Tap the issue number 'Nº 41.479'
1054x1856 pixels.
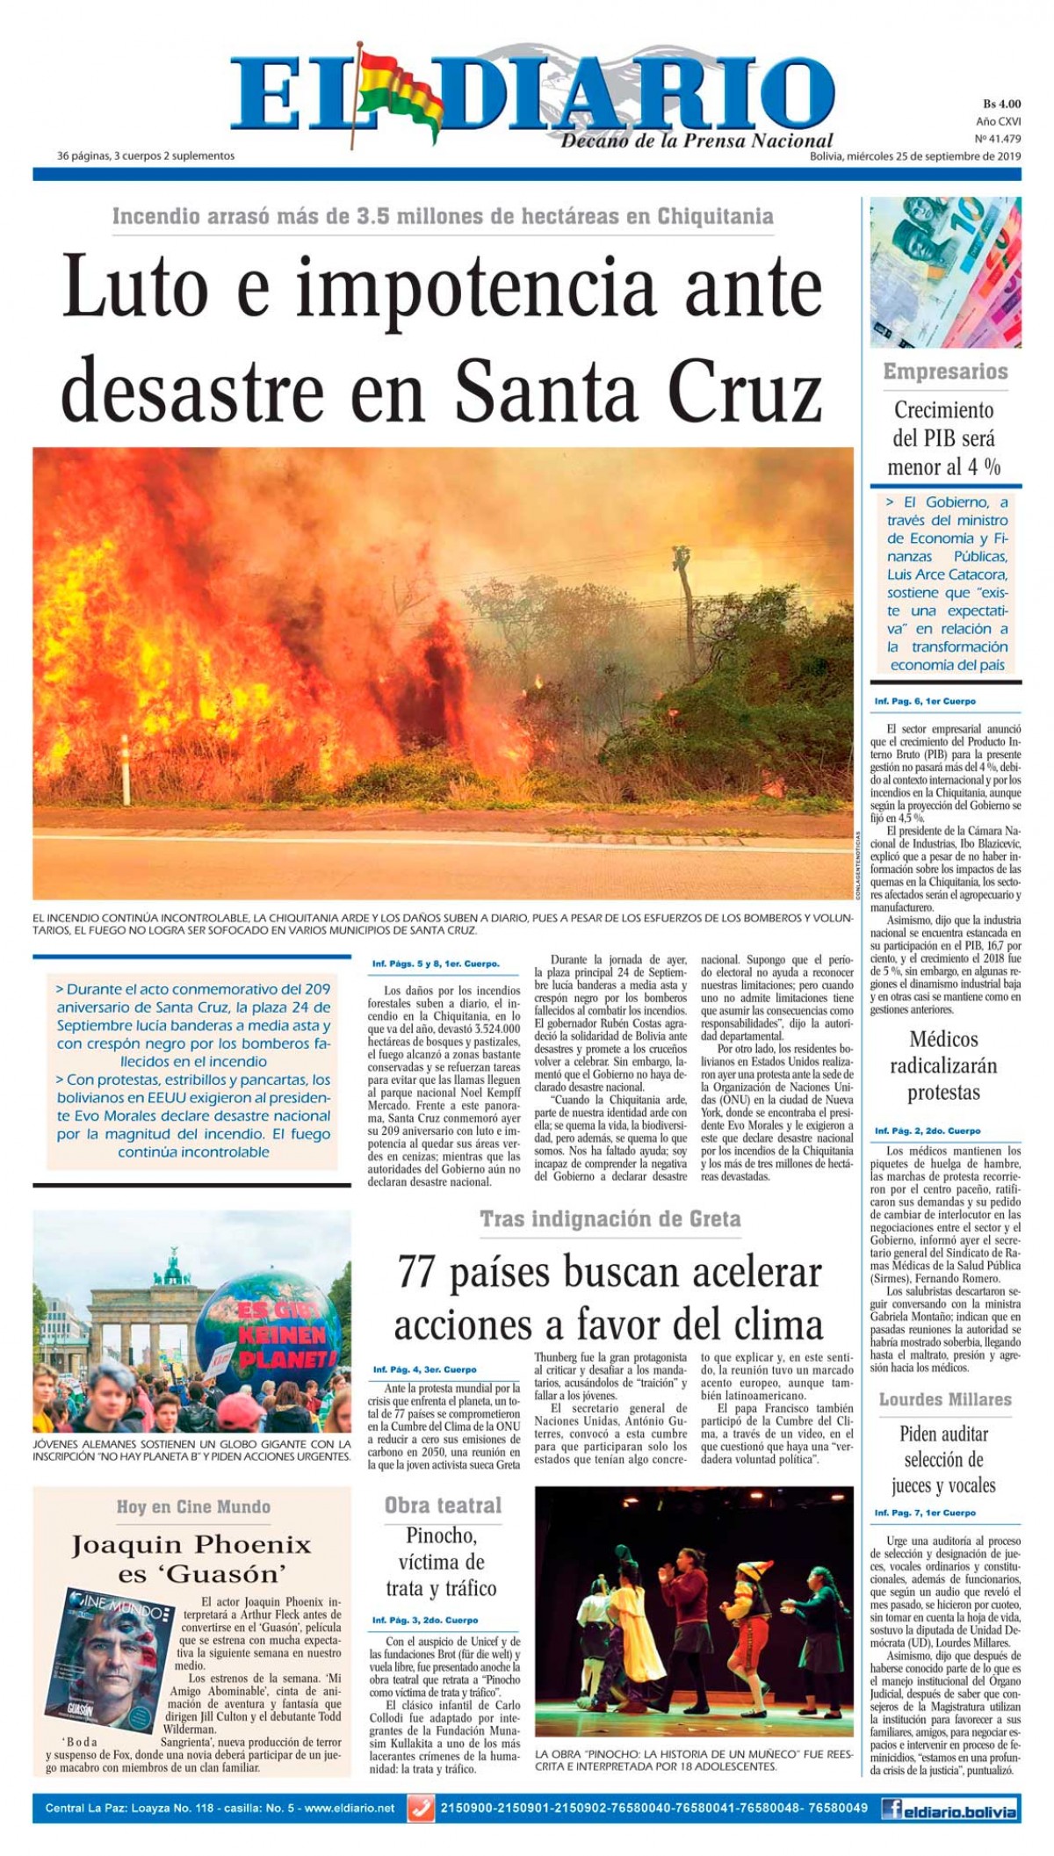click(x=998, y=139)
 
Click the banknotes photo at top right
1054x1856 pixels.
click(x=945, y=273)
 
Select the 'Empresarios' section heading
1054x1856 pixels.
click(x=945, y=372)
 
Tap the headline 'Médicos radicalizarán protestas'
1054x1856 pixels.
click(x=943, y=1065)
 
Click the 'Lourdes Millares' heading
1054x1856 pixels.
click(x=945, y=1399)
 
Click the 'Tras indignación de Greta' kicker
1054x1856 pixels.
click(x=610, y=1218)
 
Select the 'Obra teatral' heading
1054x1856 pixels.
click(x=443, y=1506)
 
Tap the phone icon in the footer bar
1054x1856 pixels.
click(x=422, y=1809)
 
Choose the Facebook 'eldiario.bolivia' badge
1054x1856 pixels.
click(x=949, y=1809)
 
